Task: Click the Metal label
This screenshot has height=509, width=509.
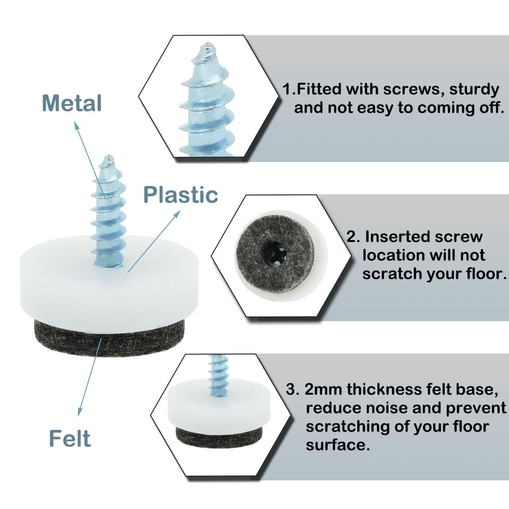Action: [72, 103]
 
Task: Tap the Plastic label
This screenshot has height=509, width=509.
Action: [180, 195]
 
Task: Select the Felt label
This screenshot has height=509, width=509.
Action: [70, 439]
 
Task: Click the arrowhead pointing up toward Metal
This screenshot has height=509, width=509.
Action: [77, 125]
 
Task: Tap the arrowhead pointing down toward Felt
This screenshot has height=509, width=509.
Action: [80, 412]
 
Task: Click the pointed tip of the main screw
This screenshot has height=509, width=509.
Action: [109, 157]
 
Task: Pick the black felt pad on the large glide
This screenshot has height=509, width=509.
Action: [109, 339]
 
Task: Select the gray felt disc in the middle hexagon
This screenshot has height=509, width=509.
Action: [274, 253]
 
